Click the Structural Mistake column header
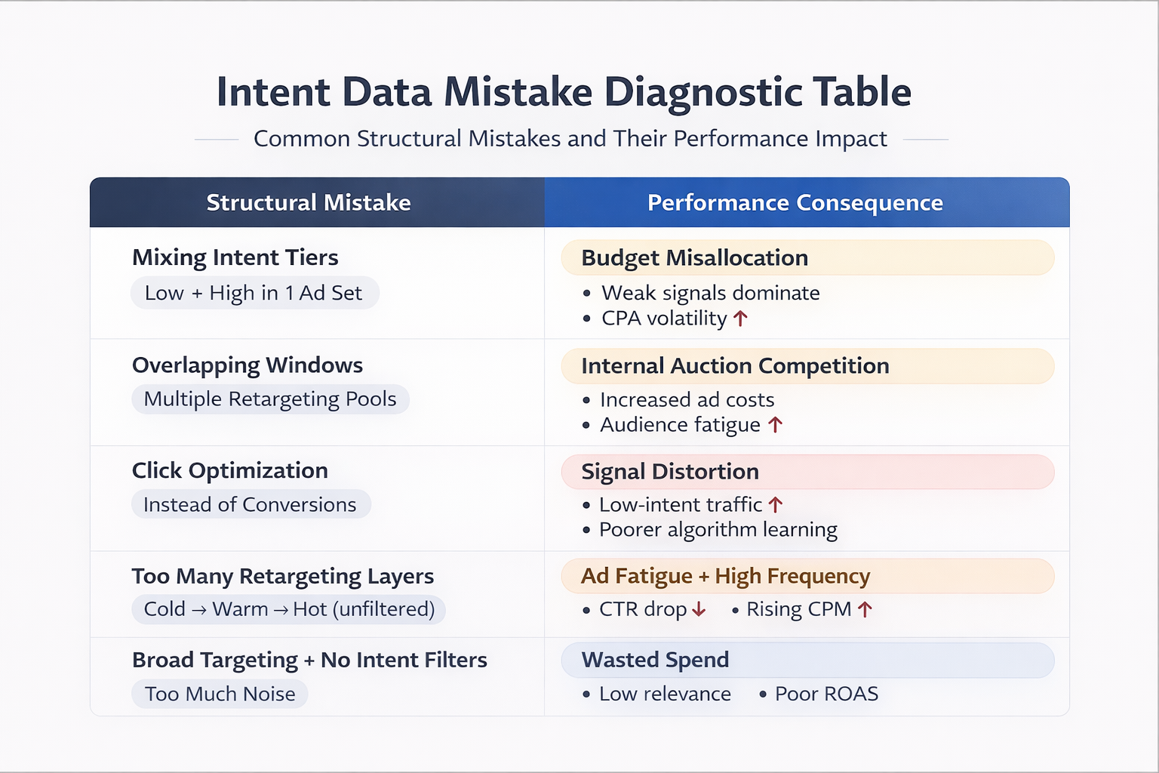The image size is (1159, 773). coord(309,202)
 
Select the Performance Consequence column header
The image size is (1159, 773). coord(795,202)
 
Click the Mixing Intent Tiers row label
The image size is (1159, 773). coord(235,257)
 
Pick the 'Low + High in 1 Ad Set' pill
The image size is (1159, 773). coord(254,293)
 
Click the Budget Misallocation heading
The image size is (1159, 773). coord(694,258)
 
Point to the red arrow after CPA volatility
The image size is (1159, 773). coord(740,319)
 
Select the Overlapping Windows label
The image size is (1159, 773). coord(247,365)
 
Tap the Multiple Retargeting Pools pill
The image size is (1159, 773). coord(270,399)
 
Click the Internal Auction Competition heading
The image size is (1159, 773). coord(735,366)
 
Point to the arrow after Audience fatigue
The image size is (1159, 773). coord(775,425)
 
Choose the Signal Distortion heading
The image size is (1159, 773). coord(670,472)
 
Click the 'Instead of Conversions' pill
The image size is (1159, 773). coord(250,504)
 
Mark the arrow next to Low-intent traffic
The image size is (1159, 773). coord(776,504)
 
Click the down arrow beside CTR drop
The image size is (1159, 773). coord(699,609)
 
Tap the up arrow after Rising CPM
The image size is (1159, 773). coord(865,609)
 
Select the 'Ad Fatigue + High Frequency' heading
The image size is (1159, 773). coord(725,577)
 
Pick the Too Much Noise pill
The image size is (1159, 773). coord(220,694)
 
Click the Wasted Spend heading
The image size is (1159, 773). coord(655,661)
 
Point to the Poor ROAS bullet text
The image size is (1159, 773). coord(826,694)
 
